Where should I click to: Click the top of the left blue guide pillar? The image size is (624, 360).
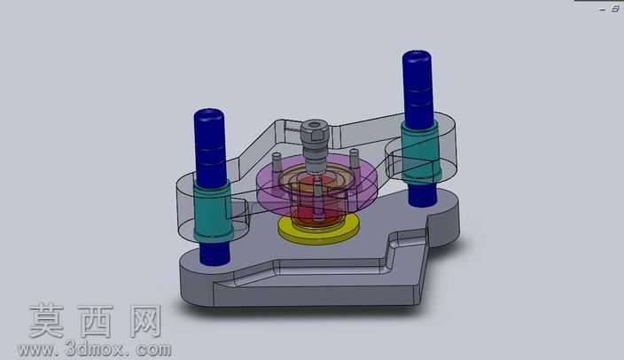[x=209, y=114]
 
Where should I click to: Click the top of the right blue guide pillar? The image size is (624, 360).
[x=417, y=57]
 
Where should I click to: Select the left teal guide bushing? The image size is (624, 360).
[x=212, y=211]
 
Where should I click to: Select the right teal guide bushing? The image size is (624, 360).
[x=420, y=152]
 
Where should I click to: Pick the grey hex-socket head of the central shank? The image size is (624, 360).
[x=315, y=130]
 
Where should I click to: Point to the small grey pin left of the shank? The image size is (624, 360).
[x=277, y=162]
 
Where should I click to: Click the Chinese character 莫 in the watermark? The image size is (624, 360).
[x=47, y=321]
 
